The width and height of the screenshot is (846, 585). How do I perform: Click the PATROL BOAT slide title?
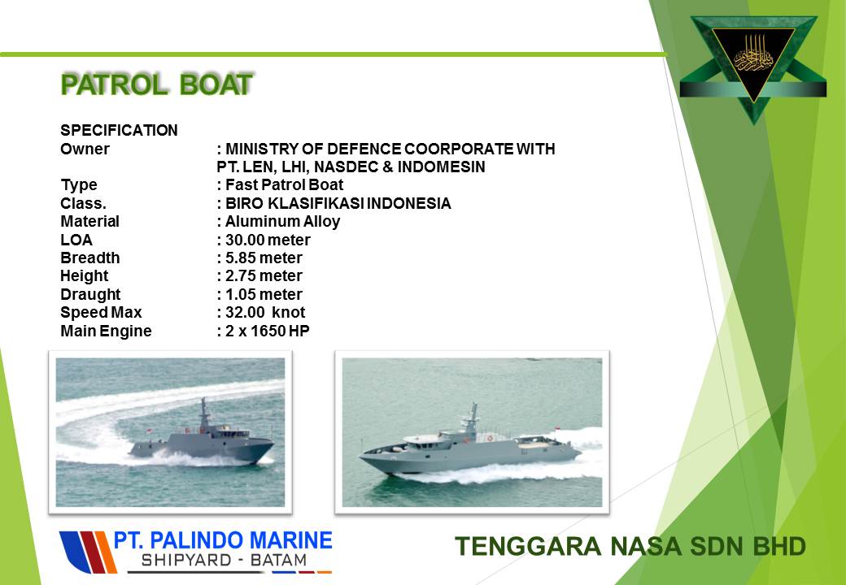pyautogui.click(x=156, y=84)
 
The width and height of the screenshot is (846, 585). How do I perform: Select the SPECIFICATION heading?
pyautogui.click(x=119, y=130)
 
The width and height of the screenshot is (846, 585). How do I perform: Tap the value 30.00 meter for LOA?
pyautogui.click(x=268, y=240)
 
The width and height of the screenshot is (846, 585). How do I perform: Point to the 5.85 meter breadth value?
pyautogui.click(x=264, y=258)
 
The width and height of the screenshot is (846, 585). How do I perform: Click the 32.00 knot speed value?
pyautogui.click(x=265, y=313)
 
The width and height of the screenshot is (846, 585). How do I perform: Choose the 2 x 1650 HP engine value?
pyautogui.click(x=267, y=331)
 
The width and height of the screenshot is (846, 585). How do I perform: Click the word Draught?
pyautogui.click(x=90, y=295)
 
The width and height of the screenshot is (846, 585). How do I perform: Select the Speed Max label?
pyautogui.click(x=101, y=313)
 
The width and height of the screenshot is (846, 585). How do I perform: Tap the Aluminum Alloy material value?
pyautogui.click(x=282, y=221)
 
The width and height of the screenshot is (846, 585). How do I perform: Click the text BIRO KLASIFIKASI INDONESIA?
pyautogui.click(x=338, y=204)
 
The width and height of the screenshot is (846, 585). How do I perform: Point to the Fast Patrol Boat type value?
pyautogui.click(x=284, y=184)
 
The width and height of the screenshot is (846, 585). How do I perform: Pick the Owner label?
pyautogui.click(x=85, y=149)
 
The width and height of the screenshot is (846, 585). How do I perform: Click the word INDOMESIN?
pyautogui.click(x=441, y=167)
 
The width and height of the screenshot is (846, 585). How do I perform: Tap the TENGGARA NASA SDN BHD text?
pyautogui.click(x=630, y=546)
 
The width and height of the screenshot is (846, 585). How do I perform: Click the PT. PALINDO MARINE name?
pyautogui.click(x=223, y=539)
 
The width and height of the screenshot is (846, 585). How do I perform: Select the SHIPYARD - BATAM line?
pyautogui.click(x=224, y=561)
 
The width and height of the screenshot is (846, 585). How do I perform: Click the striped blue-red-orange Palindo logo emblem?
pyautogui.click(x=88, y=552)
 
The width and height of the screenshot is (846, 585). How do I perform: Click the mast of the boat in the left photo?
pyautogui.click(x=204, y=414)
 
